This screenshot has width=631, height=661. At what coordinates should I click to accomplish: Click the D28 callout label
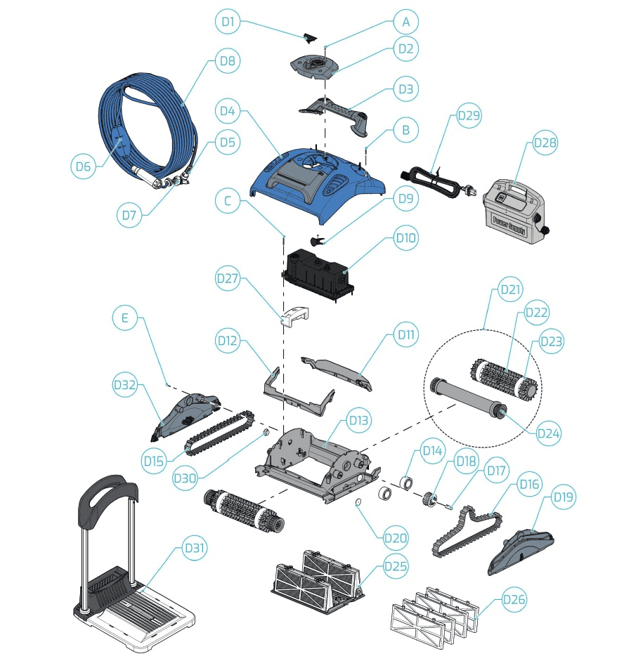[545, 143]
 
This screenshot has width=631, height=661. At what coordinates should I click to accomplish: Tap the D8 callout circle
[228, 60]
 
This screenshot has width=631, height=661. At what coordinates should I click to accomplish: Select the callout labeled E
[125, 318]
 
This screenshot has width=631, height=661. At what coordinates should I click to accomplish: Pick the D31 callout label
[195, 548]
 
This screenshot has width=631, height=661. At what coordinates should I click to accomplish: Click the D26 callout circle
[514, 599]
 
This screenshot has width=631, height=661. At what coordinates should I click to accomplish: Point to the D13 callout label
[358, 420]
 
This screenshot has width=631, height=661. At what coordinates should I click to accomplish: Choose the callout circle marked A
[405, 22]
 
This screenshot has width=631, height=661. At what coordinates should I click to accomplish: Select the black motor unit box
[317, 272]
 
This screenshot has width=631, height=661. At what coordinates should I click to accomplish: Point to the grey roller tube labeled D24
[468, 397]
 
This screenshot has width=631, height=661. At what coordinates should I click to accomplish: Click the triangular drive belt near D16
[467, 531]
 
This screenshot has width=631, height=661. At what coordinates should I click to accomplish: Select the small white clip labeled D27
[295, 317]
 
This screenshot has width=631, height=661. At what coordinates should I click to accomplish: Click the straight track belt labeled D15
[220, 432]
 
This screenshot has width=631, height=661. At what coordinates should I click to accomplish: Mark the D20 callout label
[395, 538]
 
